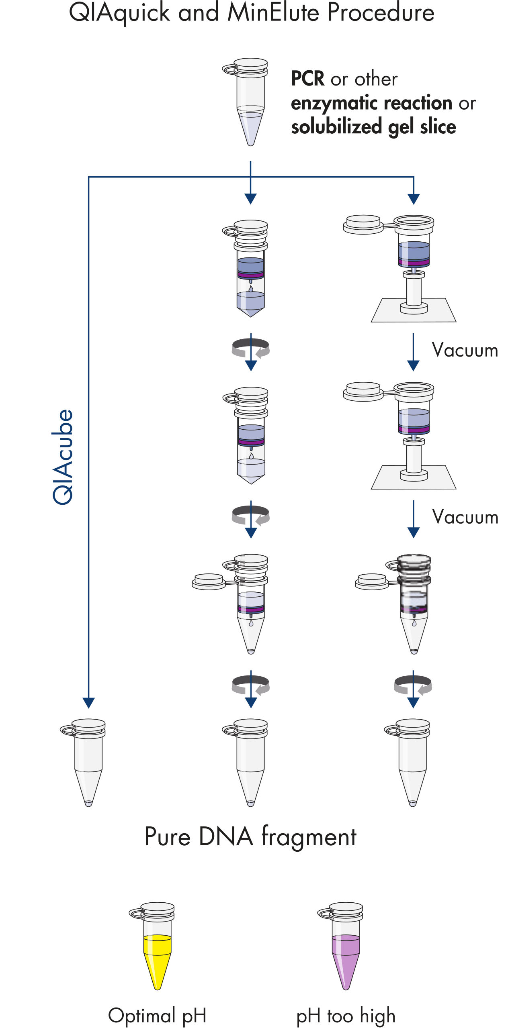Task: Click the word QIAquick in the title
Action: point(119,13)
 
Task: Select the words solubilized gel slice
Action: point(373,127)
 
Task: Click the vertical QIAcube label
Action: point(63,457)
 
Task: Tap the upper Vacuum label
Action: point(465,350)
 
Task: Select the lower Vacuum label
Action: point(465,517)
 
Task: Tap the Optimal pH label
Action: point(157,1015)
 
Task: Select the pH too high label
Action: point(346,1015)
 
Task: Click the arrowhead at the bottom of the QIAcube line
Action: point(88,702)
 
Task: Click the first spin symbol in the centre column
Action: point(251,348)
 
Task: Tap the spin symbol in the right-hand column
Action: point(413,685)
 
